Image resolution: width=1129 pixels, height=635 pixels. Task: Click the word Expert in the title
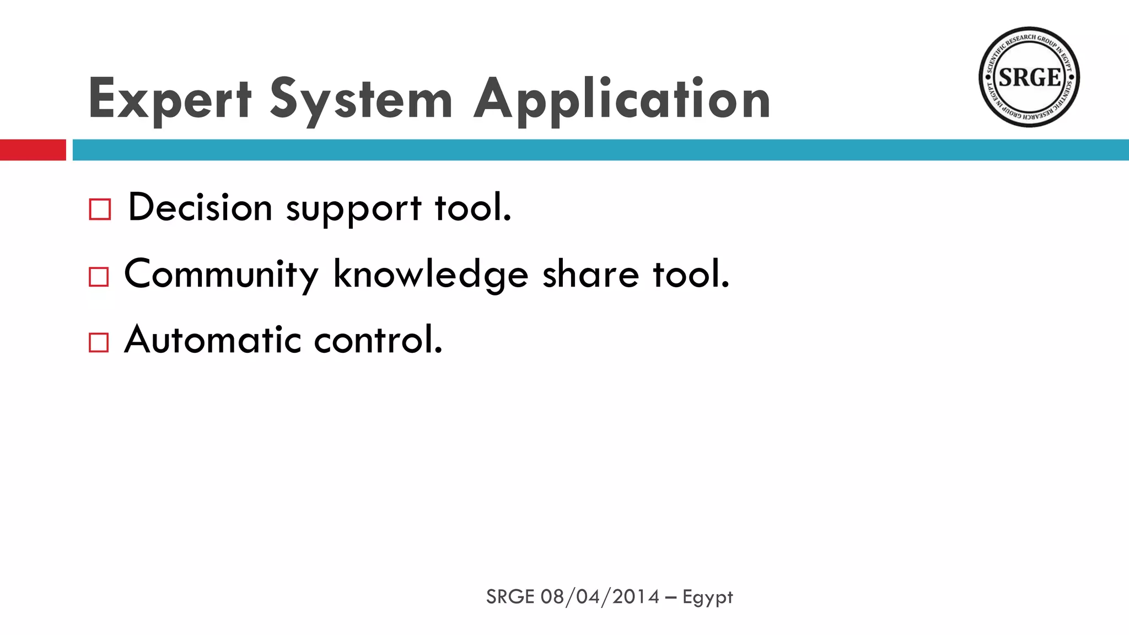pyautogui.click(x=170, y=99)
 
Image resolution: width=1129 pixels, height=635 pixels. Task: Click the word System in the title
pyautogui.click(x=361, y=99)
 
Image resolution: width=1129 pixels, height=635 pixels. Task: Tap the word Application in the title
pyautogui.click(x=622, y=99)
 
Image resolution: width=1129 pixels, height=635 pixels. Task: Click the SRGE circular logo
pyautogui.click(x=1029, y=77)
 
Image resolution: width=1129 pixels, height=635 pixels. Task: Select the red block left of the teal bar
pyautogui.click(x=33, y=150)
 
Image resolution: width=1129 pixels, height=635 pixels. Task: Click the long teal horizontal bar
pyautogui.click(x=600, y=150)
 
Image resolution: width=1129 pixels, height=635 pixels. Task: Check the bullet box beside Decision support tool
pyautogui.click(x=100, y=209)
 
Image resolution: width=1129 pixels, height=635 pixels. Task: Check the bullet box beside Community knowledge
pyautogui.click(x=99, y=277)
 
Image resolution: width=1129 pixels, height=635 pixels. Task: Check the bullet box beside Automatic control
pyautogui.click(x=99, y=342)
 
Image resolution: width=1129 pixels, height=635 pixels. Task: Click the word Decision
pyautogui.click(x=200, y=208)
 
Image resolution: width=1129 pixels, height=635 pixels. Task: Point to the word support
pyautogui.click(x=353, y=209)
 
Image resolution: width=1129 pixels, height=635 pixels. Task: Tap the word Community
pyautogui.click(x=221, y=275)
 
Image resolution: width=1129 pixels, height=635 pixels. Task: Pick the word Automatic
pyautogui.click(x=212, y=340)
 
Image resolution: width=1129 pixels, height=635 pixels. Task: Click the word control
pyautogui.click(x=378, y=340)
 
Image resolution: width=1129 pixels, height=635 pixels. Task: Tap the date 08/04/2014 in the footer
pyautogui.click(x=600, y=597)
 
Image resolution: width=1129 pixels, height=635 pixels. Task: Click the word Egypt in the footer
pyautogui.click(x=707, y=598)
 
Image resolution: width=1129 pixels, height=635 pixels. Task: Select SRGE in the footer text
pyautogui.click(x=510, y=597)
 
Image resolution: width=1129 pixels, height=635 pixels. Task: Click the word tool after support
pyautogui.click(x=473, y=208)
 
